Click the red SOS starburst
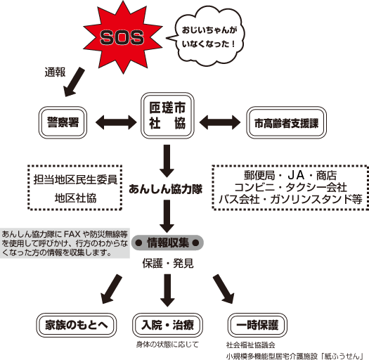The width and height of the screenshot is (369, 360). (x=122, y=37)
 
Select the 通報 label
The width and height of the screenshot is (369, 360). (x=55, y=72)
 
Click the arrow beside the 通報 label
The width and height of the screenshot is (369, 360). (x=73, y=82)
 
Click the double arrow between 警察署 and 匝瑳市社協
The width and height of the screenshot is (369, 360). (x=116, y=122)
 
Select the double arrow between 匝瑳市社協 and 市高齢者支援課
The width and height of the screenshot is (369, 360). (x=220, y=122)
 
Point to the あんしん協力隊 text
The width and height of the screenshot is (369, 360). (x=165, y=189)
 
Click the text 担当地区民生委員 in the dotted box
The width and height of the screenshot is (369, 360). (x=75, y=179)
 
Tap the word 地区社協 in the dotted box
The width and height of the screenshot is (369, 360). (x=75, y=198)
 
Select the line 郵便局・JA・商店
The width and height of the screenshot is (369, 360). (x=290, y=175)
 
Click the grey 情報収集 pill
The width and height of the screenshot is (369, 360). (x=167, y=243)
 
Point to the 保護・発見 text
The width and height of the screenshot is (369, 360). (x=168, y=264)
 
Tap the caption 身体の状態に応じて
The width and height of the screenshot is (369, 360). (x=167, y=345)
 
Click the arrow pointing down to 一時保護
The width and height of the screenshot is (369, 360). (x=224, y=289)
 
